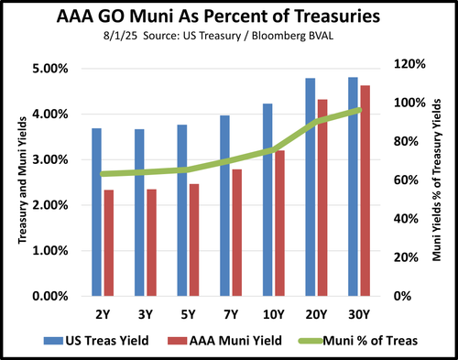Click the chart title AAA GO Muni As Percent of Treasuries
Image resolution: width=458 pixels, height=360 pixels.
228,16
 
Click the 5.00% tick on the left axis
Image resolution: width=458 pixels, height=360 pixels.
49,69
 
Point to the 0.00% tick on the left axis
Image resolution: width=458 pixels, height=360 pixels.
49,297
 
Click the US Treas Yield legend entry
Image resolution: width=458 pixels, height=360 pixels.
104,339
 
